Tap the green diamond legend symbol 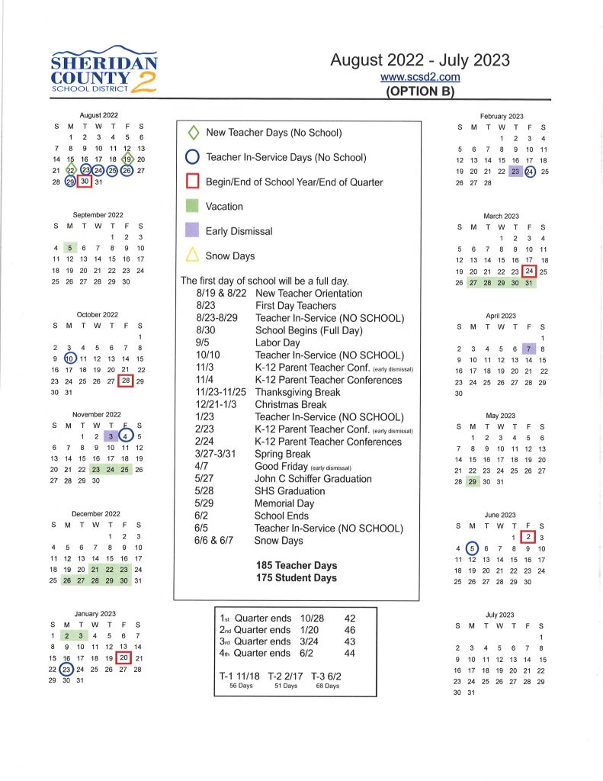coord(193,133)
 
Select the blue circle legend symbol coord(193,157)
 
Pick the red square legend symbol coord(193,182)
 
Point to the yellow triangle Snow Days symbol coord(193,256)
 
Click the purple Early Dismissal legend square coord(193,230)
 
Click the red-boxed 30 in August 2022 coord(85,182)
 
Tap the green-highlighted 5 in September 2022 coord(70,248)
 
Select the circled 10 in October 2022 coord(70,358)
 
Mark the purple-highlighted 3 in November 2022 coord(112,436)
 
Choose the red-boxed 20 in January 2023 coord(123,657)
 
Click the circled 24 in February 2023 coord(529,172)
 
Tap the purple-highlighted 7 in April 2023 coord(528,349)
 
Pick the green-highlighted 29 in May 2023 coord(473,481)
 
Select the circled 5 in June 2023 coord(473,548)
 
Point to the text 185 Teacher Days coord(297,565)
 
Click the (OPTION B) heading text coord(420,92)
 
